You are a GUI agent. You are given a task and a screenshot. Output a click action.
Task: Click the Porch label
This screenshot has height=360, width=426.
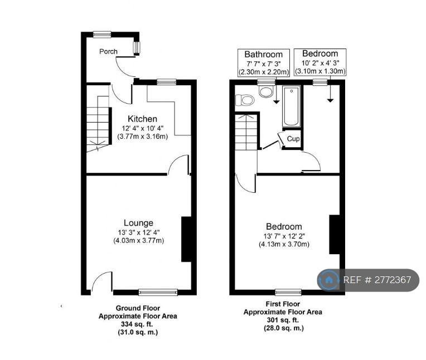pos(108,52)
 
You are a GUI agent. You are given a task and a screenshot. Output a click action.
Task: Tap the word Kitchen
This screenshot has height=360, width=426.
pos(142,119)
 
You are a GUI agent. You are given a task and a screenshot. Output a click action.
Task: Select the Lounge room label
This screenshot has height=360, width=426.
pos(138,223)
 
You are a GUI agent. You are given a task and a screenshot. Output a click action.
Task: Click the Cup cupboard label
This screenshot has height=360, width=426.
pos(293,139)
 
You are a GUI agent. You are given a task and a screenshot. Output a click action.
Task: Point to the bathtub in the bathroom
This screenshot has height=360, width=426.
pos(292,106)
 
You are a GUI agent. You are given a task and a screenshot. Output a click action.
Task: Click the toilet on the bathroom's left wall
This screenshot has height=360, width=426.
pos(245,100)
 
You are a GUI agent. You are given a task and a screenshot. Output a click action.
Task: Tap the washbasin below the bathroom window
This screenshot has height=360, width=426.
pos(266,91)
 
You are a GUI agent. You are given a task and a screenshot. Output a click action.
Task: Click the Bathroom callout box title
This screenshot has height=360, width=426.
pos(263,54)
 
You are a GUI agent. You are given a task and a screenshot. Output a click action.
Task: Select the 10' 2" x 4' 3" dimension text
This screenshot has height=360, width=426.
pos(320,63)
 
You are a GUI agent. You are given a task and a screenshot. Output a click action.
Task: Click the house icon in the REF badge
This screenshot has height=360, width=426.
pos(329,280)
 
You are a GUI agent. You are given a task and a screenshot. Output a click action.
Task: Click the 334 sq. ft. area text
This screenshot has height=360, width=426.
pos(137,324)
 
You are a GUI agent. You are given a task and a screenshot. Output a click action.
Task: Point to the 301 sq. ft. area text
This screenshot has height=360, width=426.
pos(283,320)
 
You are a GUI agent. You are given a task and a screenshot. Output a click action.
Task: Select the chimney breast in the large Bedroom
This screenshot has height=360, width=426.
pos(335,235)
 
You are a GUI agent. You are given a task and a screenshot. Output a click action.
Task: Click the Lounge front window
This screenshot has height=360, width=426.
pos(158,292)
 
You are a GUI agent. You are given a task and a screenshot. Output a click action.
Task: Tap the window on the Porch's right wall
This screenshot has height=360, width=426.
pos(136,47)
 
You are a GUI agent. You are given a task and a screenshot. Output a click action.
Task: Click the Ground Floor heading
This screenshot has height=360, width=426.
pos(138,308)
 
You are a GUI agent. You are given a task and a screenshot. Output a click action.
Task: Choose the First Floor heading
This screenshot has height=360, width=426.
pos(283,304)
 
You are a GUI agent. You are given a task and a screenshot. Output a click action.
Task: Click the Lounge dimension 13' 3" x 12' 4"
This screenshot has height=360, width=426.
pos(138,232)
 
